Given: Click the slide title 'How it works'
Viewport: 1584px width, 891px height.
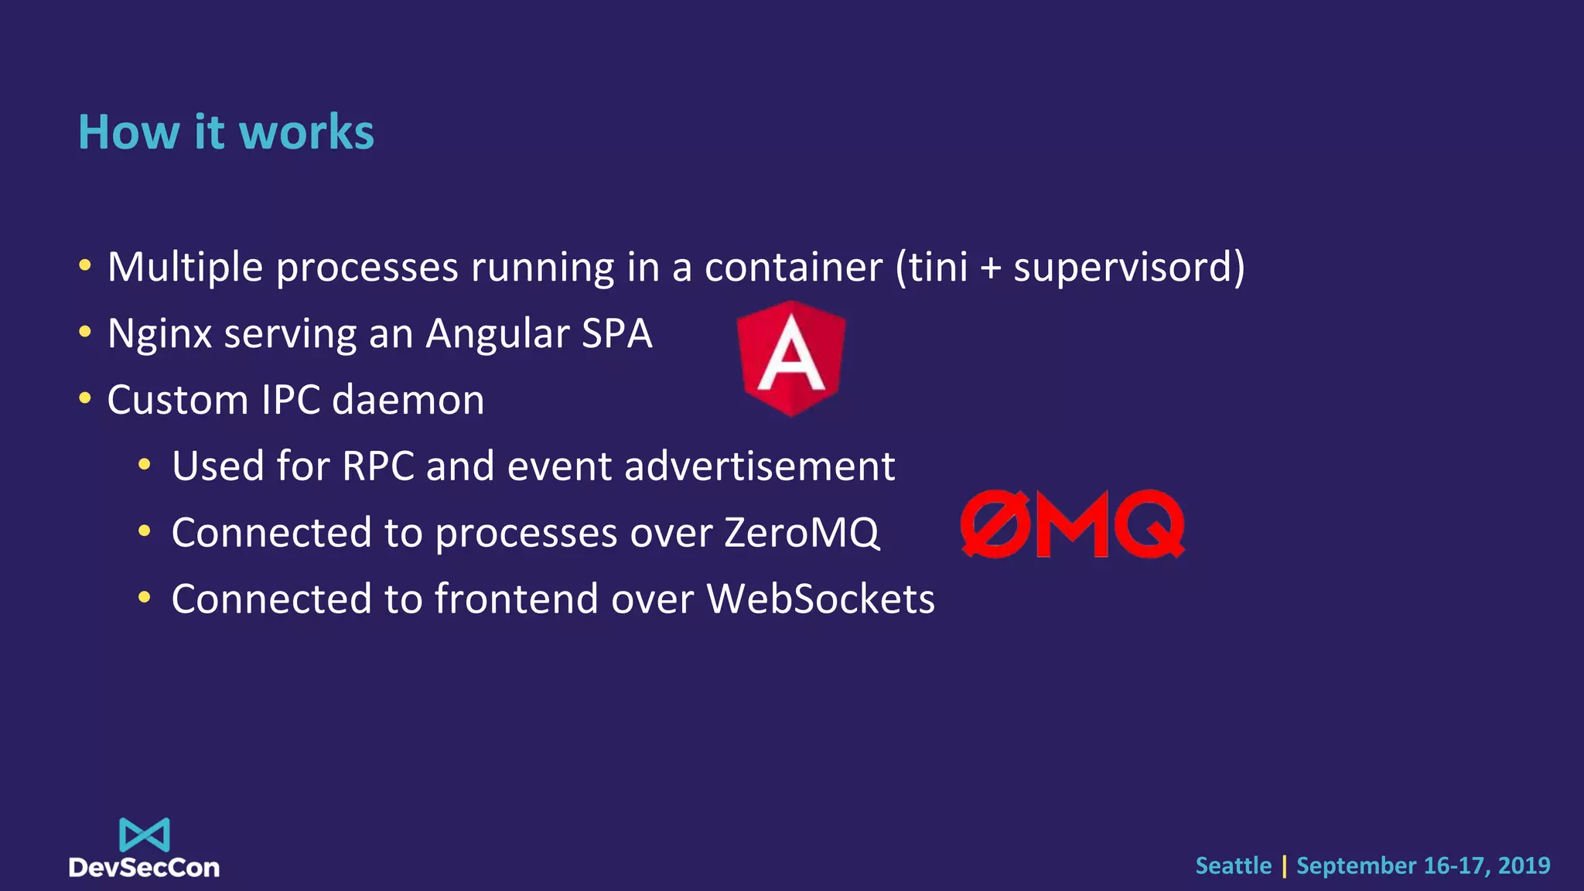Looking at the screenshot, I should point(226,132).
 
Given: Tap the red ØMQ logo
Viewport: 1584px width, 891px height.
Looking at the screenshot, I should point(1072,524).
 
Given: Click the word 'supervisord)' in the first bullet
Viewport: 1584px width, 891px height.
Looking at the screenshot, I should point(1128,268).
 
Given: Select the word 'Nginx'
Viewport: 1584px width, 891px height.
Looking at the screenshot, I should point(159,334).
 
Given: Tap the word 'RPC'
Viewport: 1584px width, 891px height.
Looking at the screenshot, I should point(377,466).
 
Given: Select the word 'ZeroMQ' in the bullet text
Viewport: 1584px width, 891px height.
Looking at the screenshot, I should point(801,533).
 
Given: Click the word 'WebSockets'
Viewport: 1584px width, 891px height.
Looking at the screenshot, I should point(821,599).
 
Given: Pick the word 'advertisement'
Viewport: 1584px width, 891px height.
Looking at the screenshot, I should point(759,466).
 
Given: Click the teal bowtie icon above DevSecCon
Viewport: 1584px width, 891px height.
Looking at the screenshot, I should point(145,835).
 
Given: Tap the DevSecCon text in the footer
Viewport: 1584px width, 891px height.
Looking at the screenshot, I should point(145,868).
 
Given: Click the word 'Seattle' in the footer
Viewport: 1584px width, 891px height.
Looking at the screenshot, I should point(1233,865).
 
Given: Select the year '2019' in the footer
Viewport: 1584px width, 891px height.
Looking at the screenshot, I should point(1524,865).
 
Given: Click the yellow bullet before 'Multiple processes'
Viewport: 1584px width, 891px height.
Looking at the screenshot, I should point(85,266).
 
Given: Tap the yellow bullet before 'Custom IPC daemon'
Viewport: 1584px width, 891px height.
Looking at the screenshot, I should point(85,399).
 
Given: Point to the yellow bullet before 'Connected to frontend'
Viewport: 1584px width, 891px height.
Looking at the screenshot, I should point(144,598).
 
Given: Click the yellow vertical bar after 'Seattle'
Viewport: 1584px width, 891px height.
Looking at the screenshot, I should point(1285,866).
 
